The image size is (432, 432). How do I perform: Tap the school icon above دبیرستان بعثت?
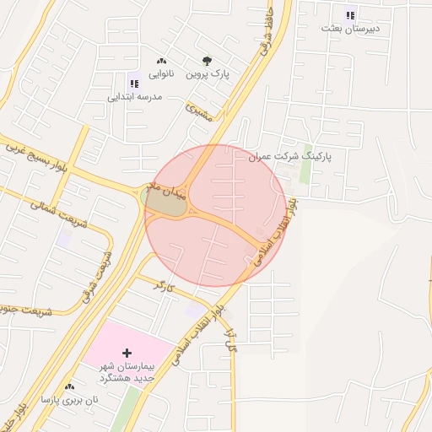351,13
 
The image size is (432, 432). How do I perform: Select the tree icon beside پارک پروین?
208,61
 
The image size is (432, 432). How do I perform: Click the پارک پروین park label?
208,74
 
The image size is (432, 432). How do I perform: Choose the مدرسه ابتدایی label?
133,96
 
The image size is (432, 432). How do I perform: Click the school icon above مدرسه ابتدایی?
133,83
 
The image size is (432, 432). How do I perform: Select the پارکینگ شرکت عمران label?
290,157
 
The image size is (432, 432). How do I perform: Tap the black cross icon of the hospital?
127,351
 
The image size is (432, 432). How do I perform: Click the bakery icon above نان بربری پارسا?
69,386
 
